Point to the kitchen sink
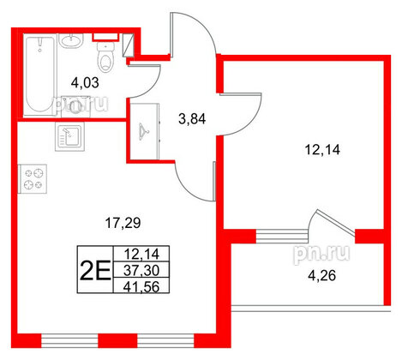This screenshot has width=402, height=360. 69,135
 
